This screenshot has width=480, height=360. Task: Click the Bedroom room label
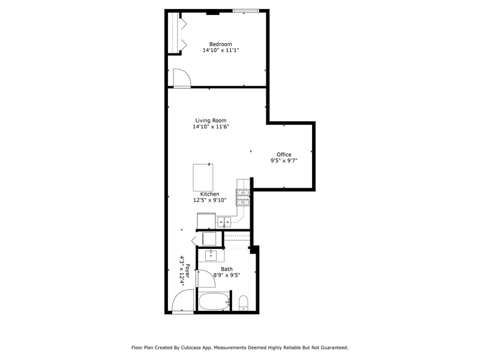coord(220,44)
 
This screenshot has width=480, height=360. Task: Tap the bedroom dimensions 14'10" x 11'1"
coord(220,51)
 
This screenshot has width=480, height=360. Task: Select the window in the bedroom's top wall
coord(246,11)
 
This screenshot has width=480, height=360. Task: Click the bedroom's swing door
coord(181,78)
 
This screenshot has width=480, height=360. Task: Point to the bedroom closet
coord(175,33)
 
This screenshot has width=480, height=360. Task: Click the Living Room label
coord(211,120)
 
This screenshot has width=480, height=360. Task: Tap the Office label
coord(284,154)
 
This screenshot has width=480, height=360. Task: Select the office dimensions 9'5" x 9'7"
coord(284,161)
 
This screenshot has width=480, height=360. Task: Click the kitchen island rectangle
coord(203,177)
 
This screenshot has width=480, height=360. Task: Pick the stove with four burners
coord(243,197)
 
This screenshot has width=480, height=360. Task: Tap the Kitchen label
coord(209,194)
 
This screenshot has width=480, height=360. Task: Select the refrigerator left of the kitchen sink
coord(206,221)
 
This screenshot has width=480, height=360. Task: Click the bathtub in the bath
coord(214,302)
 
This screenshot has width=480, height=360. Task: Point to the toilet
coord(244,302)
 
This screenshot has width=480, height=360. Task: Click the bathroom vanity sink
coord(211,256)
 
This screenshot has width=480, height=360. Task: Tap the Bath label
coord(227,269)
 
